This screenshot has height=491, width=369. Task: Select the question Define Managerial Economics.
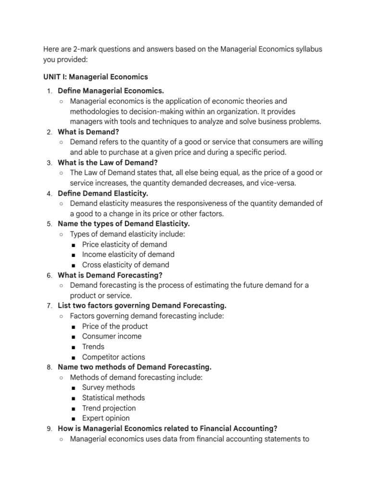coord(111,91)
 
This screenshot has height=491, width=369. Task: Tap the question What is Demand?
coord(88,131)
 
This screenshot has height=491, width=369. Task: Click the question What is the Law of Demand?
coord(108,163)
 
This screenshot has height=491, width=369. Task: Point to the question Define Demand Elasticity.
coord(103,193)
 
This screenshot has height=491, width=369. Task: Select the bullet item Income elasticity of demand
coord(128,255)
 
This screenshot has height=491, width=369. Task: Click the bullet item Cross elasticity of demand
coord(125,265)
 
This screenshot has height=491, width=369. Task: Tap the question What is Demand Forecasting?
coord(110,275)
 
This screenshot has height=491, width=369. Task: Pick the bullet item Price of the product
coord(115,326)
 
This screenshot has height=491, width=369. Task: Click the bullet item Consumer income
coord(112,336)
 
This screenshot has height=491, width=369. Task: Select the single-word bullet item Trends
coord(93,347)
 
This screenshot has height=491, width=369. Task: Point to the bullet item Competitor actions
coord(113,357)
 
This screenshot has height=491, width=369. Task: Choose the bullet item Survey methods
coord(109,387)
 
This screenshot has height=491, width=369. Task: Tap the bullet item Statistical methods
coord(113,397)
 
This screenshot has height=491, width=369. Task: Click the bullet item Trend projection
coord(109,408)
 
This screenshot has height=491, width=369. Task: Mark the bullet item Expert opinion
coord(106,418)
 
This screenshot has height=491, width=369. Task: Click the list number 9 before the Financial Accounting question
coord(49,429)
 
